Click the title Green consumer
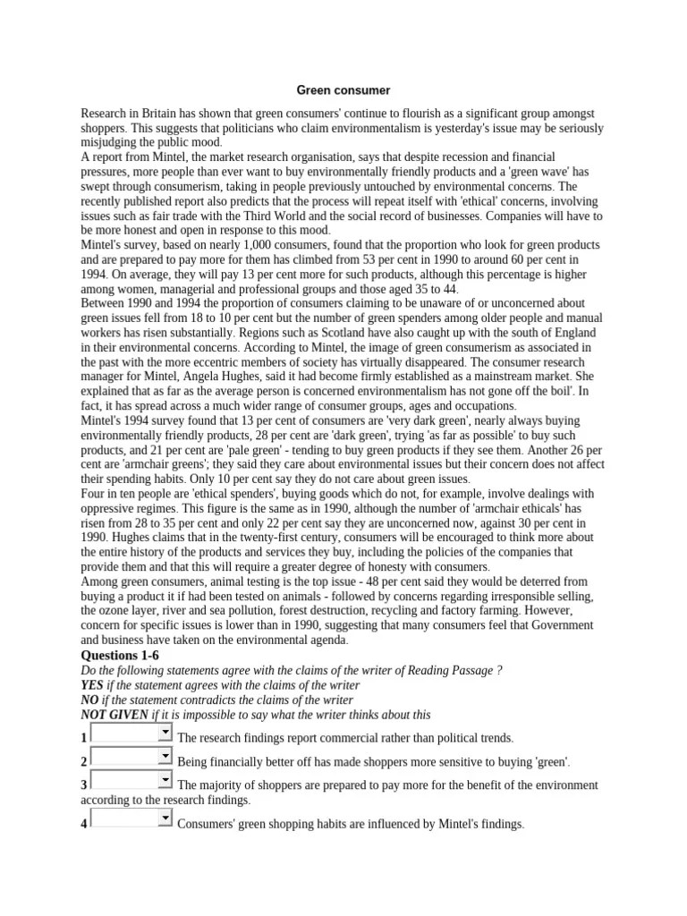[343, 90]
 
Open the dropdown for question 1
[165, 733]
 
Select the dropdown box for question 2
[131, 757]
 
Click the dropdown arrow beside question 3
[165, 780]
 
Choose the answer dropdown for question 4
[131, 818]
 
